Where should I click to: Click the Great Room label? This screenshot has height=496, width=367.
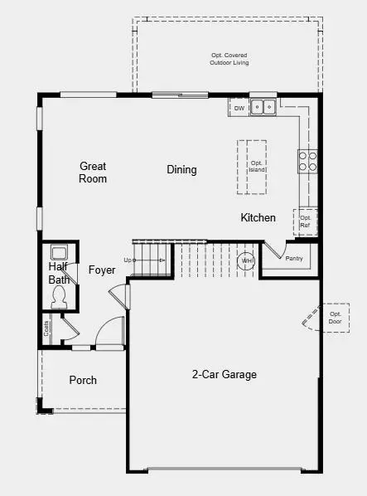pyautogui.click(x=93, y=173)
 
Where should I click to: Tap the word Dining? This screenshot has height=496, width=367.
pyautogui.click(x=181, y=169)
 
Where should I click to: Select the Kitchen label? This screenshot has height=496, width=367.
pyautogui.click(x=258, y=217)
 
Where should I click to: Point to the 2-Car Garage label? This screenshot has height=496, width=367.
pyautogui.click(x=225, y=374)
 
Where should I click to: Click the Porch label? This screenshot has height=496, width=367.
pyautogui.click(x=83, y=380)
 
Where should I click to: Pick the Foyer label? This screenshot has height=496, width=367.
pyautogui.click(x=102, y=270)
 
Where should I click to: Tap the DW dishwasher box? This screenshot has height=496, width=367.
pyautogui.click(x=239, y=108)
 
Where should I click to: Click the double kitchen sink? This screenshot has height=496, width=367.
pyautogui.click(x=263, y=107)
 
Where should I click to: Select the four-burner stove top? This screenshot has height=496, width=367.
pyautogui.click(x=307, y=161)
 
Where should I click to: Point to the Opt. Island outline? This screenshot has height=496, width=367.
pyautogui.click(x=252, y=167)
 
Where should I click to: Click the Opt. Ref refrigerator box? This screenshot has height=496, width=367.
pyautogui.click(x=305, y=222)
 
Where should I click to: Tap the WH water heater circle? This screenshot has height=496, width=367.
pyautogui.click(x=246, y=261)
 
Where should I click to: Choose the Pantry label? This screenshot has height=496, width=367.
pyautogui.click(x=294, y=259)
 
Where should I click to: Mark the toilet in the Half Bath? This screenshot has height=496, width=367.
pyautogui.click(x=59, y=297)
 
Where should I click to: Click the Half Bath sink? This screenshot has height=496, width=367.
pyautogui.click(x=59, y=253)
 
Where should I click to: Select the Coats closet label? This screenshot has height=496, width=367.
pyautogui.click(x=46, y=328)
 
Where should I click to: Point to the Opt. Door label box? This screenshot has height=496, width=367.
pyautogui.click(x=335, y=318)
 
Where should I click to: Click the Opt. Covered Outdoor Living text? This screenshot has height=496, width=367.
pyautogui.click(x=229, y=59)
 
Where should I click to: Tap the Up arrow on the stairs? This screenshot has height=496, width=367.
pyautogui.click(x=149, y=260)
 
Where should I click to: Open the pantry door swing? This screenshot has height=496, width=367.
pyautogui.click(x=275, y=250)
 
